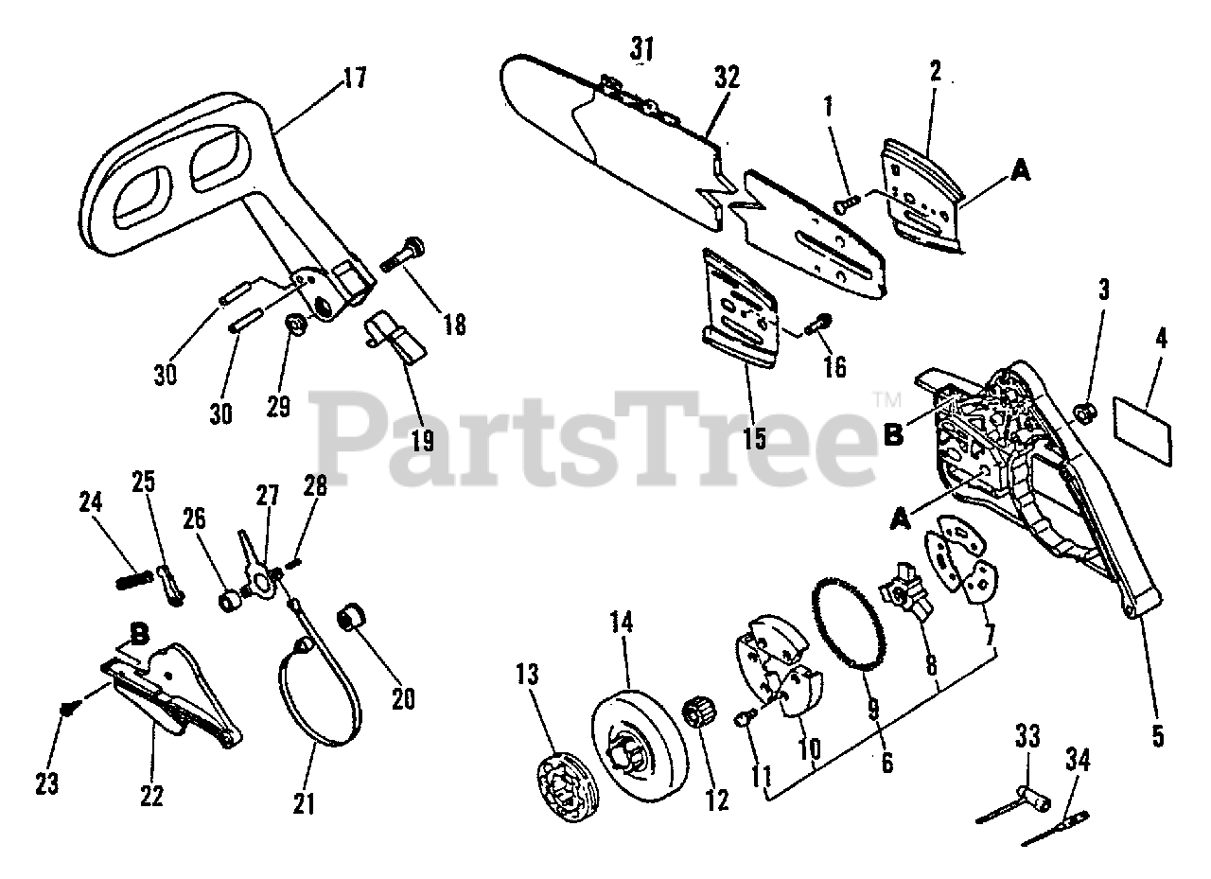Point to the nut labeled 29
point(295,326)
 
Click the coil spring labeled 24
point(134,577)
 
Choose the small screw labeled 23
point(66,706)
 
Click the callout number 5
point(1157,734)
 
